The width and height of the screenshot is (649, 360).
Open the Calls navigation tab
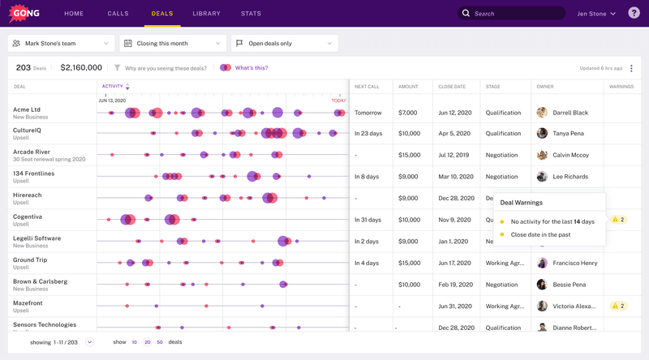coord(118,14)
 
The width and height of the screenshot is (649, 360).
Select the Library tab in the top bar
coord(206,14)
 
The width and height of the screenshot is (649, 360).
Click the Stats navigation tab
coord(251,14)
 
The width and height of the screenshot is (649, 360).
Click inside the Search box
coord(515,14)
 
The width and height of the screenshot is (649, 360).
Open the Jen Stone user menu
coord(596,14)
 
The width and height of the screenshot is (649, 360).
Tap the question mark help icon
coord(634,13)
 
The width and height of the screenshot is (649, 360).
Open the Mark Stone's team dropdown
coord(61,43)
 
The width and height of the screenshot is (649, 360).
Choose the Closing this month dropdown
coord(172,43)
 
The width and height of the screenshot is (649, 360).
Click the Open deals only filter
coord(284,43)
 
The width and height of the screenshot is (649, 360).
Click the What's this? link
coord(251,68)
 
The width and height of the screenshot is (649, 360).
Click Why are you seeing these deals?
coord(165,68)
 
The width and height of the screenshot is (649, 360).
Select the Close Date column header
coord(452,86)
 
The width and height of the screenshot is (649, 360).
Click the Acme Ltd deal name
coord(27,109)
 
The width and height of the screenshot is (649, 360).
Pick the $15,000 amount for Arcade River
coord(409,155)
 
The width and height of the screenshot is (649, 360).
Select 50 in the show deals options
coord(160,342)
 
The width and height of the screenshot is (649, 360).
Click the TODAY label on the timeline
coord(339,101)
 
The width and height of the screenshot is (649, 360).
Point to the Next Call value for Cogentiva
coord(367,220)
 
